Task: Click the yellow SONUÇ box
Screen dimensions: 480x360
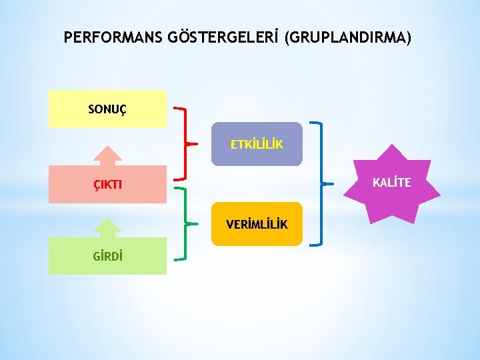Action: click(107, 109)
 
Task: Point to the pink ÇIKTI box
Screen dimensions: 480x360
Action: click(107, 184)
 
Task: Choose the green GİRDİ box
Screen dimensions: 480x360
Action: click(107, 256)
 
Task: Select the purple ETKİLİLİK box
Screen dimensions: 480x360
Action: click(257, 144)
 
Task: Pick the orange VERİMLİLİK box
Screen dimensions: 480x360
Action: click(257, 224)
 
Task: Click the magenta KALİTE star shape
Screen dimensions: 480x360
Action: click(391, 183)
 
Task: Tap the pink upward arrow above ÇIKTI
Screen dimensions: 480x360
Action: click(107, 156)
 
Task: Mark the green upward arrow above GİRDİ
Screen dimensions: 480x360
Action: click(107, 228)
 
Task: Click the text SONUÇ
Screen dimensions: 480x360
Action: click(105, 109)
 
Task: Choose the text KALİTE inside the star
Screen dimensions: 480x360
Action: click(391, 182)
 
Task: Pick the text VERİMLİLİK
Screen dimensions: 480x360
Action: click(257, 225)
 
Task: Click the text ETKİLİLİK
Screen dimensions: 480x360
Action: click(257, 144)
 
